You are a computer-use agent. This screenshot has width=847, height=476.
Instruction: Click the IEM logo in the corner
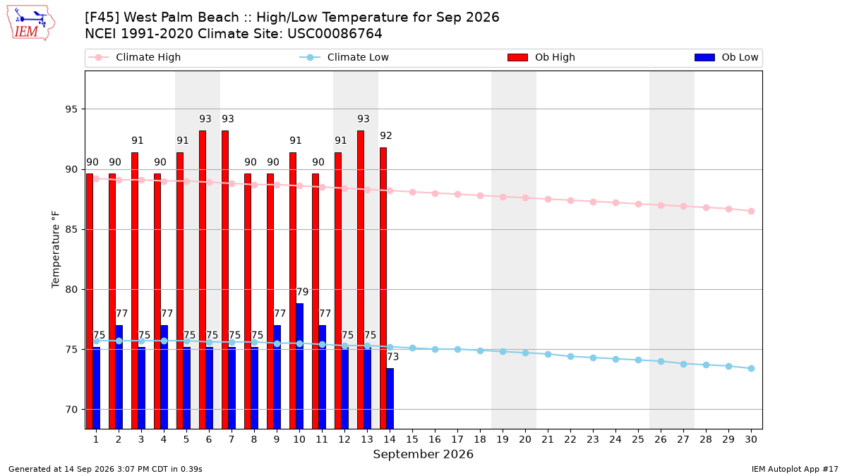click(31, 23)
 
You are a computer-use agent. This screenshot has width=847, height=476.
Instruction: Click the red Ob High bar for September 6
click(203, 279)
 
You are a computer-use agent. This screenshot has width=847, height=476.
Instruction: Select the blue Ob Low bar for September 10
click(299, 366)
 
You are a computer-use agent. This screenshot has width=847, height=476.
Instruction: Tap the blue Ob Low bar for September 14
click(390, 398)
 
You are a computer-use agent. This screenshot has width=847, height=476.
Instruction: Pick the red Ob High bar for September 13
click(361, 279)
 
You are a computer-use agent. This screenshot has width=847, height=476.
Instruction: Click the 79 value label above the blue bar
click(303, 292)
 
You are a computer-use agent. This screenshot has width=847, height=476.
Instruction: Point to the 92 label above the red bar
click(385, 135)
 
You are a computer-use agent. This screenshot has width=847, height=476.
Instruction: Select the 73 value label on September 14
click(393, 357)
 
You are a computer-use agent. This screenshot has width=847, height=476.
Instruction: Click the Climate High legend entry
click(135, 57)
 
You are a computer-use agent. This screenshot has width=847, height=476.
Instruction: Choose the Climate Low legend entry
click(344, 57)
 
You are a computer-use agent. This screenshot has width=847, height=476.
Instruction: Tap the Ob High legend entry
click(541, 57)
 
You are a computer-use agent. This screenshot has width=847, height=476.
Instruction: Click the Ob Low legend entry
click(726, 57)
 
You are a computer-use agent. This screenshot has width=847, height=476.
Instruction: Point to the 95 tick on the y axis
click(71, 109)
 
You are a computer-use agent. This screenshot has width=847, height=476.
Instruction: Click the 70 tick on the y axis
click(71, 410)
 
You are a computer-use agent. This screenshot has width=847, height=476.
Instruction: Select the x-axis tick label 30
click(751, 439)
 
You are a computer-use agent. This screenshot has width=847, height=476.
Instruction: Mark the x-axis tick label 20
click(525, 439)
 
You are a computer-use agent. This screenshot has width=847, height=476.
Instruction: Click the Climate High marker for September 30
click(751, 211)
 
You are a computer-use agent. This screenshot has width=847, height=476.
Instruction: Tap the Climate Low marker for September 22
click(570, 356)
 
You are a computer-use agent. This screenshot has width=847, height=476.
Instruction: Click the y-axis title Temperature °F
click(56, 250)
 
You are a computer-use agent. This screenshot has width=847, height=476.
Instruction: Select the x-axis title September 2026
click(423, 454)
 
